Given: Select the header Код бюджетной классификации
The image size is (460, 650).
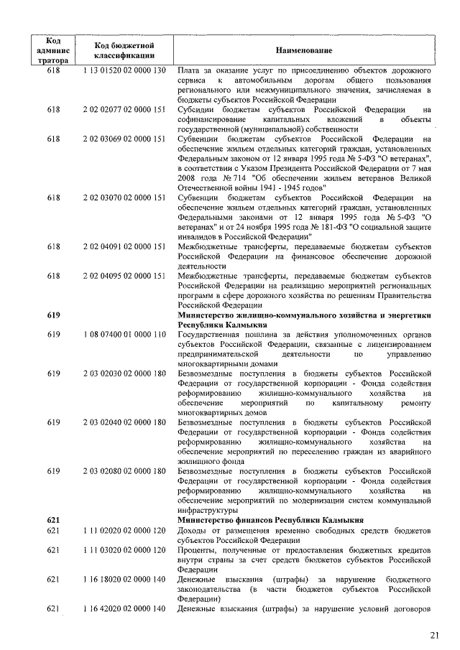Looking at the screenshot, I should click(124, 50).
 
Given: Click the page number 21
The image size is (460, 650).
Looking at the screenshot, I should click(434, 634).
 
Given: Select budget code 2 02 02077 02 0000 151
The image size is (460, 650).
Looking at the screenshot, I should click(124, 109).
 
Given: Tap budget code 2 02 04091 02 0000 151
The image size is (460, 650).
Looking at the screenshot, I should click(124, 246).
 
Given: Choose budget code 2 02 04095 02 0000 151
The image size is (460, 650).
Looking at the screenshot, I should click(124, 275).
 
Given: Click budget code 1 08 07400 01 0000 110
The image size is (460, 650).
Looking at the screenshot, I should click(124, 334).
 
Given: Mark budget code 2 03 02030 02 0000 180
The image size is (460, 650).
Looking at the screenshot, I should click(124, 373).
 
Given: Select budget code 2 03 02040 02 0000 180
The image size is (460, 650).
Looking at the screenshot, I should click(124, 422).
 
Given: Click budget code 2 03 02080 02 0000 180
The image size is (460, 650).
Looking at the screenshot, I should click(124, 470).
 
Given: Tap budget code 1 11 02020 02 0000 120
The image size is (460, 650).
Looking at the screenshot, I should click(124, 530).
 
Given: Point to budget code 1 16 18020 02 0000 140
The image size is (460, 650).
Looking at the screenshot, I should click(124, 579).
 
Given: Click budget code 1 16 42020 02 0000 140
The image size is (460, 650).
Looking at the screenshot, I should click(124, 609).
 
